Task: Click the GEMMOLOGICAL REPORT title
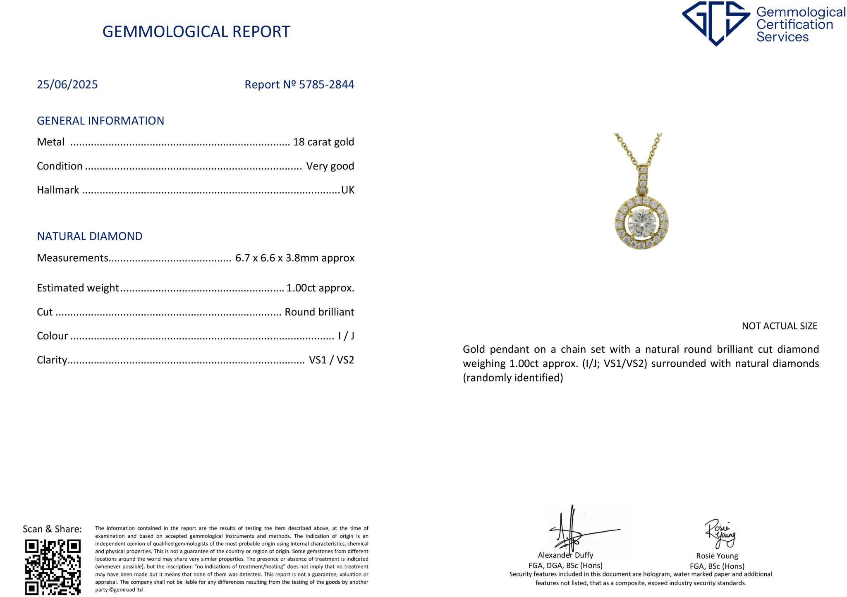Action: (196, 32)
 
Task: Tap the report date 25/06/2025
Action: (67, 84)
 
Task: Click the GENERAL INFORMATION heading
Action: (100, 121)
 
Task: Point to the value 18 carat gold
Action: (323, 142)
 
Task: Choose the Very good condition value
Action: (330, 166)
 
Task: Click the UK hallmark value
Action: (347, 190)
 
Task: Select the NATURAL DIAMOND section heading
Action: (90, 236)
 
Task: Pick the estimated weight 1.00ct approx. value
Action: (320, 288)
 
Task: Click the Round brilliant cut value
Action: (319, 312)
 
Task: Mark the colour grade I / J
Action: (346, 336)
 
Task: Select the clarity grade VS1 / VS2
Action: (331, 360)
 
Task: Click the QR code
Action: (53, 567)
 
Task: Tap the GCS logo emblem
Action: (715, 23)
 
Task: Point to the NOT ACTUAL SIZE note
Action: (779, 326)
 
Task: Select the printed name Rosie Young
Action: (717, 556)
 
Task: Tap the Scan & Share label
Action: (52, 529)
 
